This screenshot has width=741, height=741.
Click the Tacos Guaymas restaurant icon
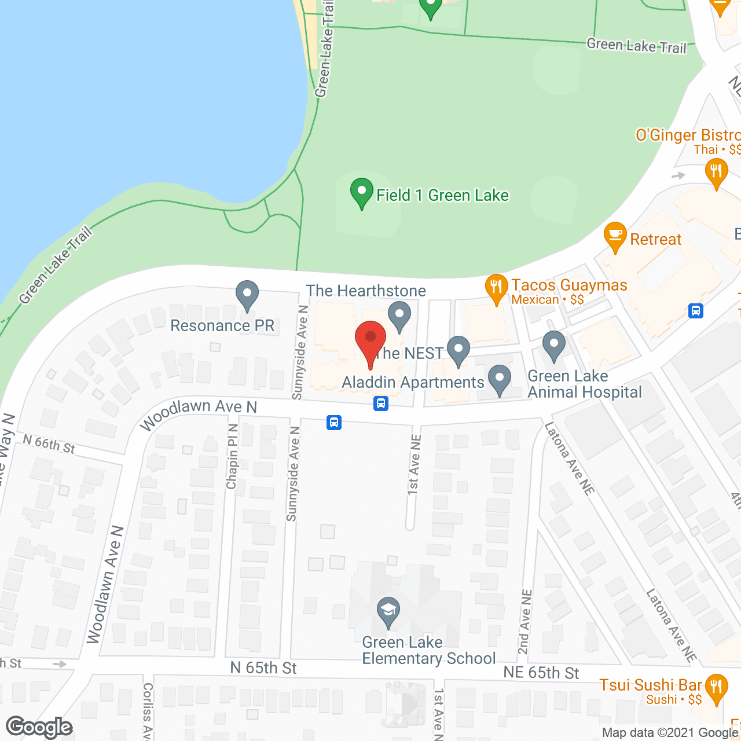click(x=496, y=288)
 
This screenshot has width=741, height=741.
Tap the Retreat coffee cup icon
click(x=615, y=236)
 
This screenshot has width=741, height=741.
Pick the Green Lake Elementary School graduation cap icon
click(x=388, y=611)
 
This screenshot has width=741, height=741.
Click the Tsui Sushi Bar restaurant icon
click(x=717, y=688)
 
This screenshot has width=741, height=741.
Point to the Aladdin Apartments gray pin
click(x=500, y=379)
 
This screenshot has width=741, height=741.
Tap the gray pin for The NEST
click(x=458, y=350)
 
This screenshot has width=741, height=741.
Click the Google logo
click(x=39, y=728)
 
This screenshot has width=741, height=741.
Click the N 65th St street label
click(x=263, y=668)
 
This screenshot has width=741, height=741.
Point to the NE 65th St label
click(x=541, y=673)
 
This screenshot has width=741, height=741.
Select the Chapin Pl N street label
click(x=233, y=456)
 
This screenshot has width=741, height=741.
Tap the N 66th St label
click(x=49, y=444)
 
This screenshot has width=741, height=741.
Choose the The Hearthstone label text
click(x=366, y=291)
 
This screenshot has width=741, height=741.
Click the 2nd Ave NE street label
click(x=524, y=622)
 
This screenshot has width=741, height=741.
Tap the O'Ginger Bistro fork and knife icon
click(x=717, y=173)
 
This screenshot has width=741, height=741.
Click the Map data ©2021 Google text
click(x=670, y=733)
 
